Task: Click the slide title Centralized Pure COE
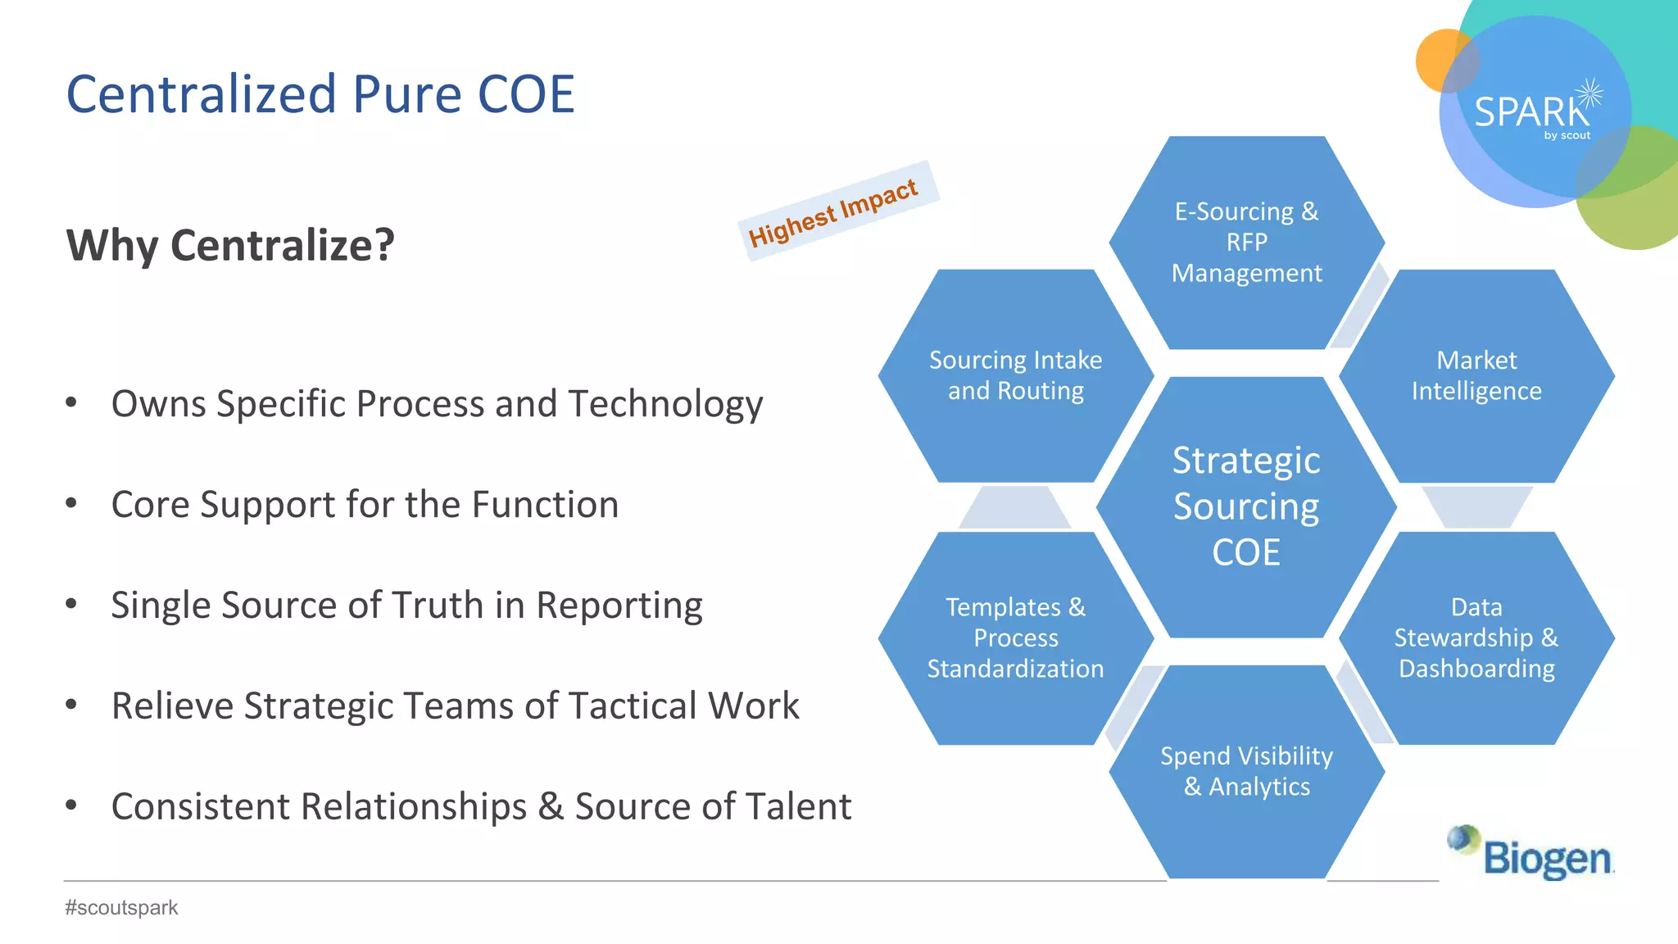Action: click(x=320, y=94)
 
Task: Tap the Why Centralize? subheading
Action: click(x=230, y=245)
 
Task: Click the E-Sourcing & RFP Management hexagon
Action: click(x=1246, y=243)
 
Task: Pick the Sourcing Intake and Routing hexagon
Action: click(x=1015, y=375)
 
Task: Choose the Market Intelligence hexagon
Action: click(x=1476, y=375)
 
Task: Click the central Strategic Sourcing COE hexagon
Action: click(x=1246, y=506)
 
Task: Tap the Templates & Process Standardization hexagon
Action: click(x=1015, y=638)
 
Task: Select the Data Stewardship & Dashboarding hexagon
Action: click(x=1476, y=638)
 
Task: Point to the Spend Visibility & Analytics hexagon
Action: click(x=1246, y=771)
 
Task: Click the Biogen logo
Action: click(x=1532, y=854)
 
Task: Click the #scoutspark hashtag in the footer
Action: click(x=121, y=908)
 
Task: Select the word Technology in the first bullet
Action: click(x=665, y=405)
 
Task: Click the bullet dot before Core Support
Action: click(x=71, y=503)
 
